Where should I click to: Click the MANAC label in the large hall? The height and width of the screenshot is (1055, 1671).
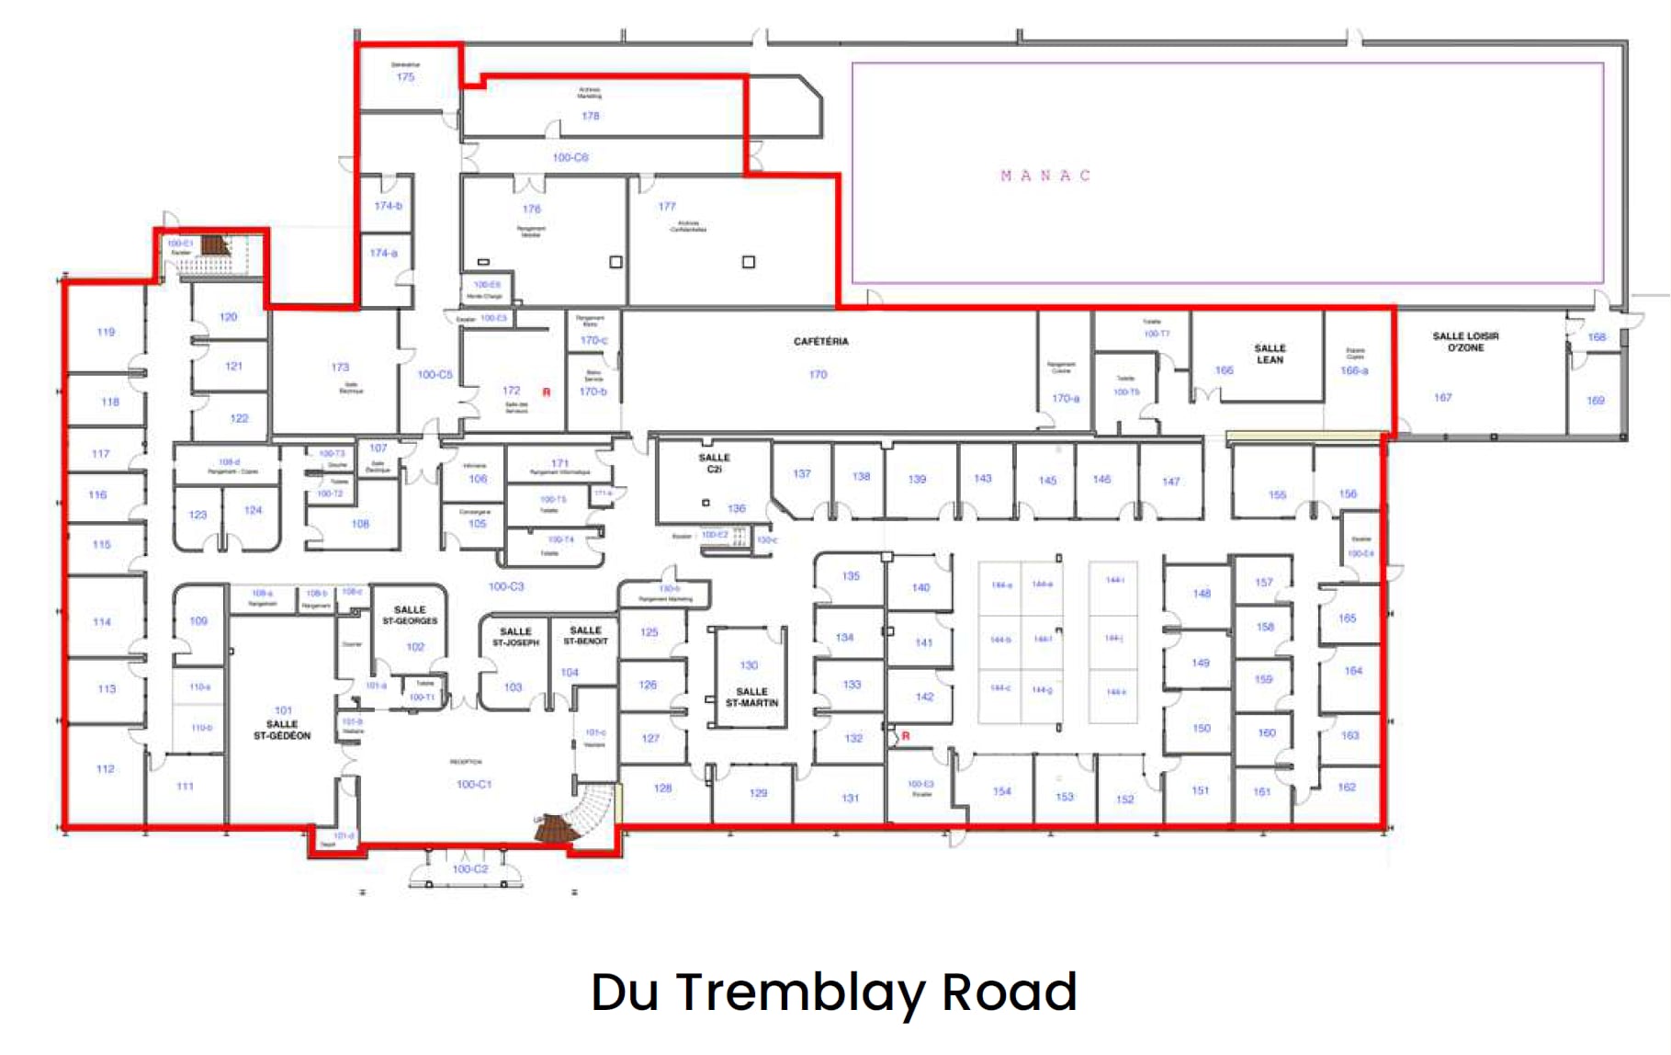pyautogui.click(x=1044, y=176)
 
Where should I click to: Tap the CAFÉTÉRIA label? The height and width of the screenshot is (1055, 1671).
pyautogui.click(x=820, y=341)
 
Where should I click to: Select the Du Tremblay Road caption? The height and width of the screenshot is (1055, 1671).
pyautogui.click(x=833, y=992)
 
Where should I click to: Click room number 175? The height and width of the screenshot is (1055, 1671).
pyautogui.click(x=405, y=77)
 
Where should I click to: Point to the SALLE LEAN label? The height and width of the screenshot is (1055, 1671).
pyautogui.click(x=1270, y=354)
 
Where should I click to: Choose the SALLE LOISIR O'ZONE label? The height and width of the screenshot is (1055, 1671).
pyautogui.click(x=1465, y=342)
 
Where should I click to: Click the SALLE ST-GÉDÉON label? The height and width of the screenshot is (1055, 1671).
pyautogui.click(x=282, y=730)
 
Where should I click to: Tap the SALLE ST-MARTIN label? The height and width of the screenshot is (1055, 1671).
pyautogui.click(x=751, y=697)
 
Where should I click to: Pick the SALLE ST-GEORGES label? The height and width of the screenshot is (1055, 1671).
pyautogui.click(x=410, y=615)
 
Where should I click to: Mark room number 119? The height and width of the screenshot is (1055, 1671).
pyautogui.click(x=106, y=332)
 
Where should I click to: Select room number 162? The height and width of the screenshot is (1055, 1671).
pyautogui.click(x=1347, y=787)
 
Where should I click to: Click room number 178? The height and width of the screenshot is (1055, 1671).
pyautogui.click(x=590, y=116)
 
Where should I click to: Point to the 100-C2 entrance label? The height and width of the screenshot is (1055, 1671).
pyautogui.click(x=469, y=868)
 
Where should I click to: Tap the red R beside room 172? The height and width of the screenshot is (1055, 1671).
pyautogui.click(x=547, y=392)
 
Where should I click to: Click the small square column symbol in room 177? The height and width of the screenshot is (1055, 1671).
pyautogui.click(x=749, y=262)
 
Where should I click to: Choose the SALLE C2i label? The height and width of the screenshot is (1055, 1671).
pyautogui.click(x=714, y=462)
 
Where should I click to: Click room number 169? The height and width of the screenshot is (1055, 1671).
pyautogui.click(x=1595, y=401)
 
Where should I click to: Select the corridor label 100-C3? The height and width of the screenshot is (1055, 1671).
pyautogui.click(x=505, y=586)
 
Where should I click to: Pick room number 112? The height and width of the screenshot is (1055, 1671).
pyautogui.click(x=105, y=768)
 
